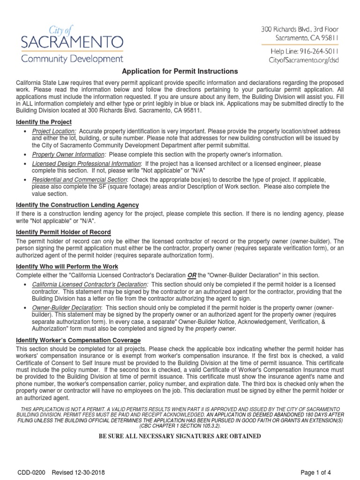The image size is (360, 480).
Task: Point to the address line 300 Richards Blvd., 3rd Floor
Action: pyautogui.click(x=300, y=29)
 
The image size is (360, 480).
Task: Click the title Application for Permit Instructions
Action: pyautogui.click(x=180, y=71)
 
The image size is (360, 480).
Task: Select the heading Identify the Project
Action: pyautogui.click(x=44, y=122)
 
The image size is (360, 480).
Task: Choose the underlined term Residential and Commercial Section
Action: pyautogui.click(x=79, y=180)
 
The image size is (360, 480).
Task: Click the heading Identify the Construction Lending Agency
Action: pyautogui.click(x=77, y=205)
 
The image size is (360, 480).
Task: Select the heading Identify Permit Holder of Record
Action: pyautogui.click(x=63, y=232)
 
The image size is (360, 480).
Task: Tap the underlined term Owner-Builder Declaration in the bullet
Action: pyautogui.click(x=67, y=307)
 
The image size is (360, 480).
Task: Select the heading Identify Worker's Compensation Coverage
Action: pyautogui.click(x=78, y=340)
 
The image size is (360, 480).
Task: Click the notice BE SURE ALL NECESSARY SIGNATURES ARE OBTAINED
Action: pyautogui.click(x=179, y=436)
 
